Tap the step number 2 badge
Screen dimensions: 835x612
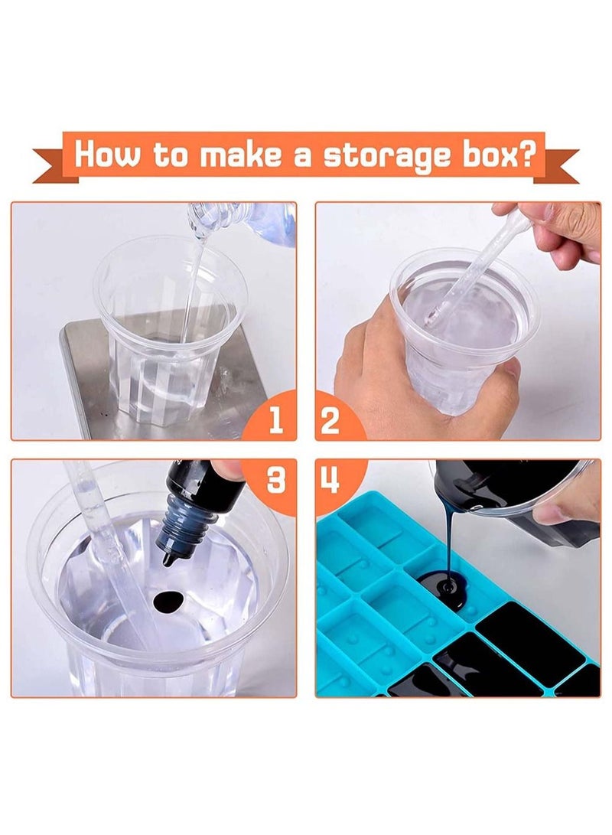(330, 420)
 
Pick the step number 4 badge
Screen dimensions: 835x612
(330, 479)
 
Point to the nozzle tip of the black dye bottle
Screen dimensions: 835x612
(167, 559)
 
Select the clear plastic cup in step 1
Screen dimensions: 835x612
(168, 337)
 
